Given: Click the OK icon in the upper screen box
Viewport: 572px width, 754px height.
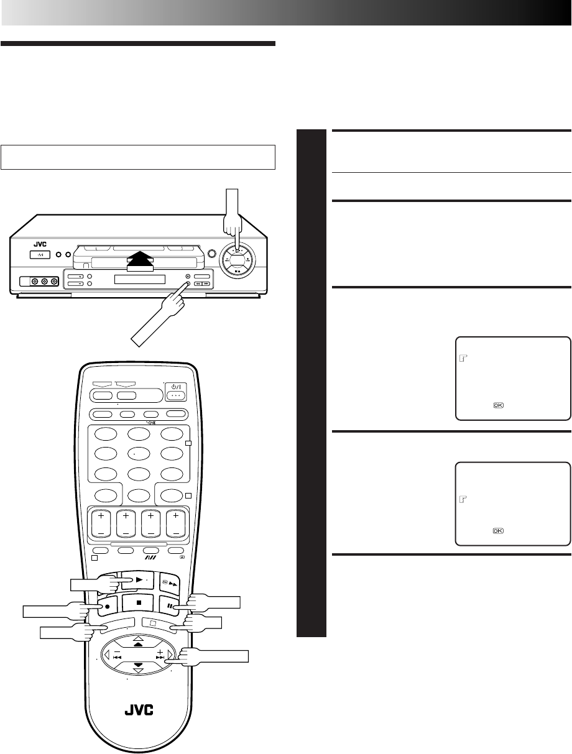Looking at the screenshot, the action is [x=498, y=405].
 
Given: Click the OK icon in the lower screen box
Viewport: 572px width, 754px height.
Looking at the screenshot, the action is [x=498, y=530].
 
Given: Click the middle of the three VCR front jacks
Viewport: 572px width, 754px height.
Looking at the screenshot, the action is [x=44, y=282].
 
